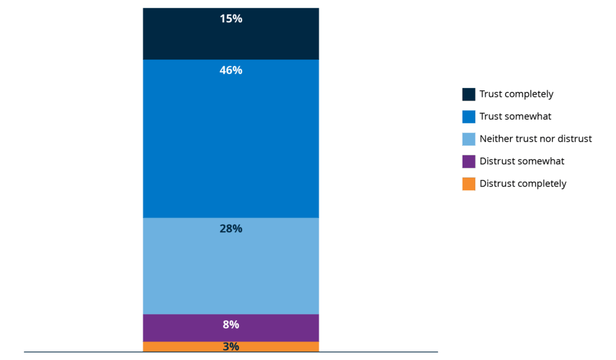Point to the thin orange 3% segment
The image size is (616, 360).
coord(180,346)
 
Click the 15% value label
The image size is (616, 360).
coord(231,19)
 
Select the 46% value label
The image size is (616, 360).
coord(231,70)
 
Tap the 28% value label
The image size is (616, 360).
coord(231,229)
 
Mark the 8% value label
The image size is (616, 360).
coord(231,324)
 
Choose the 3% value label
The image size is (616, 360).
coord(231,347)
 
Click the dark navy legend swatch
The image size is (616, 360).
coord(469,94)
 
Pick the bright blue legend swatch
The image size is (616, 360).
coord(469,117)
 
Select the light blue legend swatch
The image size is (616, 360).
coord(469,139)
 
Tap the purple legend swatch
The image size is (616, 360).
coord(469,161)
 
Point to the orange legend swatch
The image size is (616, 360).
coord(469,184)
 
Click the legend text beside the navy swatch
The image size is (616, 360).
coord(518,95)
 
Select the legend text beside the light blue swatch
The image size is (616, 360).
coord(537,140)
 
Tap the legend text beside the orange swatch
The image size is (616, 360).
coord(524,184)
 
